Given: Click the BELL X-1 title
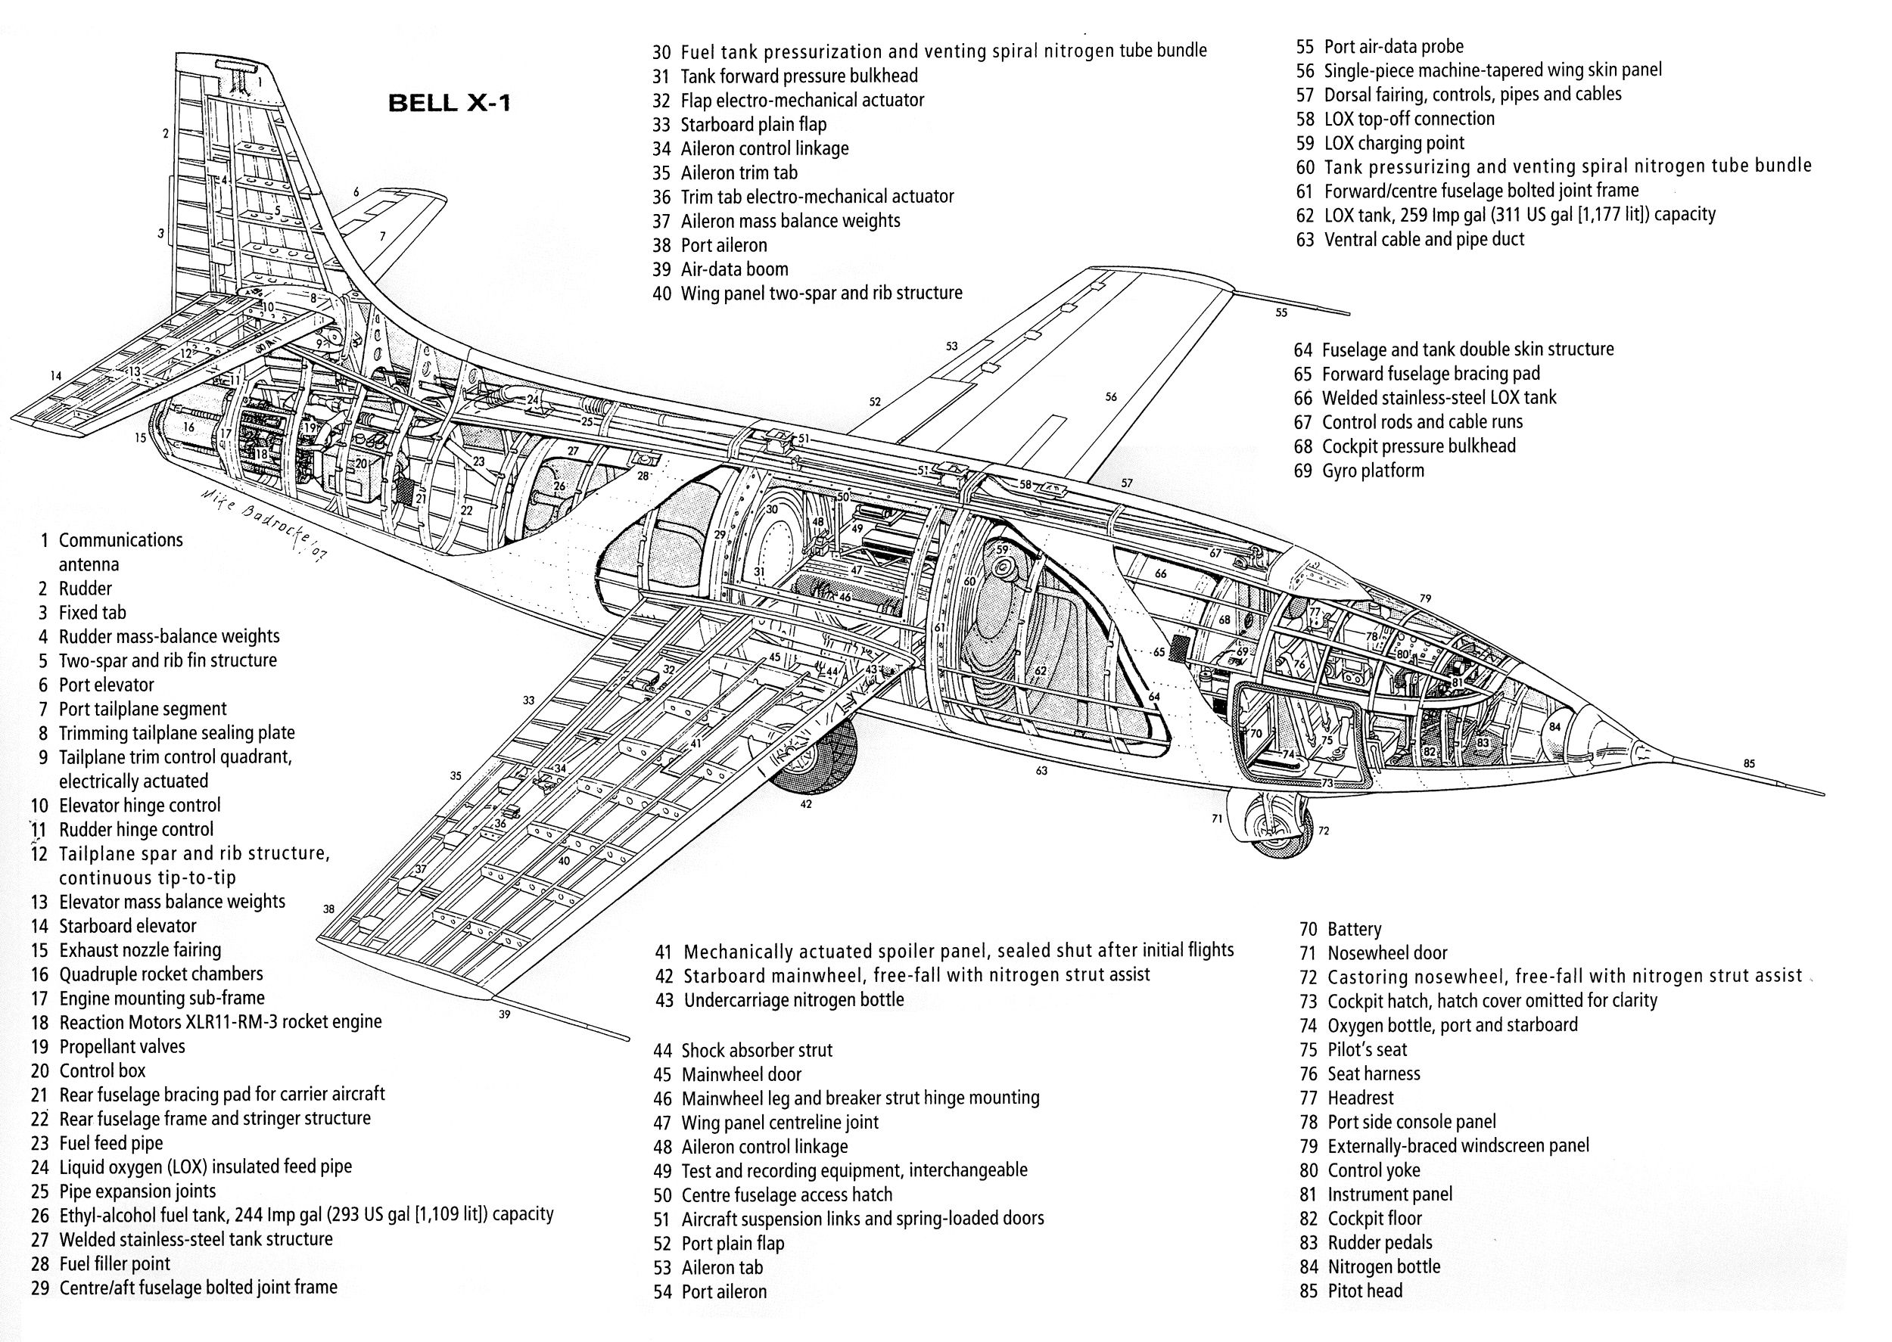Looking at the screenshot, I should tap(449, 104).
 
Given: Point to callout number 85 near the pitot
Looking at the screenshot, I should tap(1748, 763).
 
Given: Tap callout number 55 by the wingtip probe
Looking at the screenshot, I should tap(1281, 312).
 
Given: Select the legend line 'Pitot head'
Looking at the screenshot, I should tap(1351, 1291).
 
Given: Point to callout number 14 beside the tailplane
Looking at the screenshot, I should tap(55, 376).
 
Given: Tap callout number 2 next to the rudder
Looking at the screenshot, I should tap(165, 133).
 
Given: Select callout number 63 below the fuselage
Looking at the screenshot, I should tap(1041, 771).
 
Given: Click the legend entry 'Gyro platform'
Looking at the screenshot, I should tap(1360, 471).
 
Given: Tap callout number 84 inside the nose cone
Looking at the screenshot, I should tap(1554, 727).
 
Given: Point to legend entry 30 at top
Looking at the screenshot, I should tap(930, 51).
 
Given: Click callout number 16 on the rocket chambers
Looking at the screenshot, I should tap(189, 427).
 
